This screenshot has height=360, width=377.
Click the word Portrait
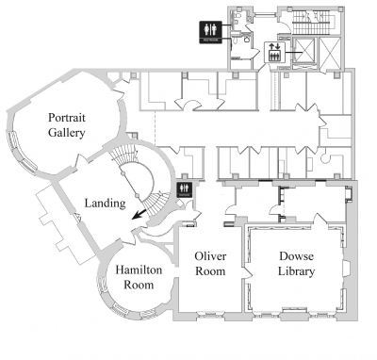67,119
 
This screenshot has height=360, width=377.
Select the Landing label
105,204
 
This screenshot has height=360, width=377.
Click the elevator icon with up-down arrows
274,52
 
